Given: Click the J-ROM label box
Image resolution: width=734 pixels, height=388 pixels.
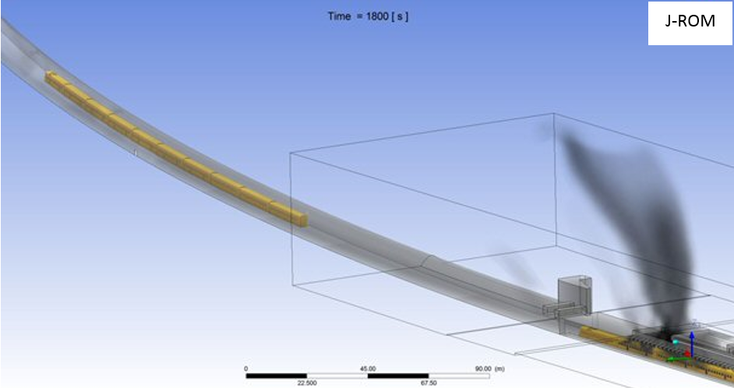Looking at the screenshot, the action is [690, 23].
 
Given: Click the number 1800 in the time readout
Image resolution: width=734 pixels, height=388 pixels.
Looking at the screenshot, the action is [377, 16].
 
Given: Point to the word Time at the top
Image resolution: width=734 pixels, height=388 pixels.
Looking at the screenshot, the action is [340, 16].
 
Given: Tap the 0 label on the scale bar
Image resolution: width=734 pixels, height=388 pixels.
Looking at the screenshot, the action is [246, 369].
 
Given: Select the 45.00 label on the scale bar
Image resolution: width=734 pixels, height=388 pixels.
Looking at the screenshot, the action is [368, 369].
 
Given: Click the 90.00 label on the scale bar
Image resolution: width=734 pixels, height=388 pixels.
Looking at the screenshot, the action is [483, 369].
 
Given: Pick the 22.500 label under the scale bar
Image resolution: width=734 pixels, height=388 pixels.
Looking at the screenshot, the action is [307, 383].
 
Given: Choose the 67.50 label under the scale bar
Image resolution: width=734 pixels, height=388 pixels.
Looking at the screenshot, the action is [429, 383].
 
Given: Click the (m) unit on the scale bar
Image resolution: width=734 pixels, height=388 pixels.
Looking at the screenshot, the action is [499, 369].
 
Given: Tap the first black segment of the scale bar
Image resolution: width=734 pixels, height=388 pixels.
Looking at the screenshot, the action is [276, 376].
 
